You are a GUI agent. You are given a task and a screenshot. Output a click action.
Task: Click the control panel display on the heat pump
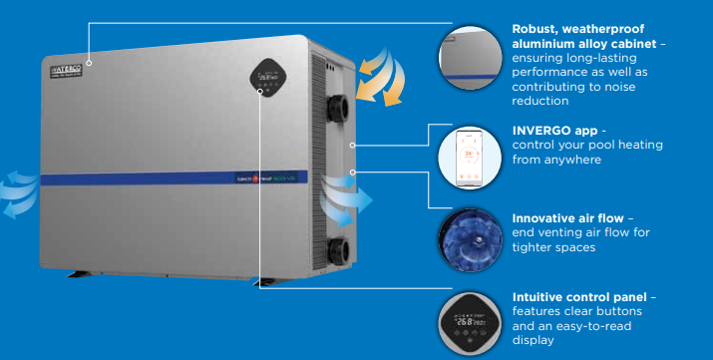click(269, 73)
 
